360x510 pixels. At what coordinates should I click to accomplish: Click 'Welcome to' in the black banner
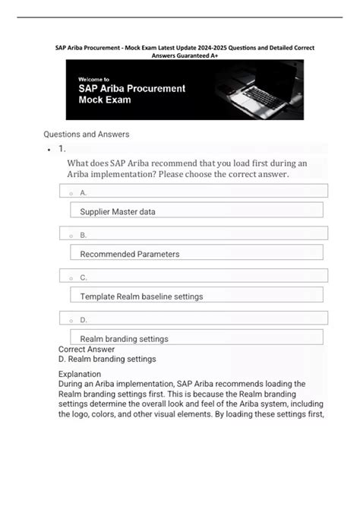click(x=93, y=78)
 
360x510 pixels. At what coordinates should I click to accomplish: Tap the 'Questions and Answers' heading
click(x=86, y=135)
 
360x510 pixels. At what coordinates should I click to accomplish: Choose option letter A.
click(x=84, y=193)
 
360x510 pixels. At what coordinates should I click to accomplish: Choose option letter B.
click(x=84, y=235)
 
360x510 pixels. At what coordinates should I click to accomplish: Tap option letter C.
click(x=84, y=277)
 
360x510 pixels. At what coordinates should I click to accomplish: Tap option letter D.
click(x=84, y=320)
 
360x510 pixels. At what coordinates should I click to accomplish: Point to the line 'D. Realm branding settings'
click(x=106, y=359)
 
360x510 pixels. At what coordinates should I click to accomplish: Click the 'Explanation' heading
click(x=79, y=374)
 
